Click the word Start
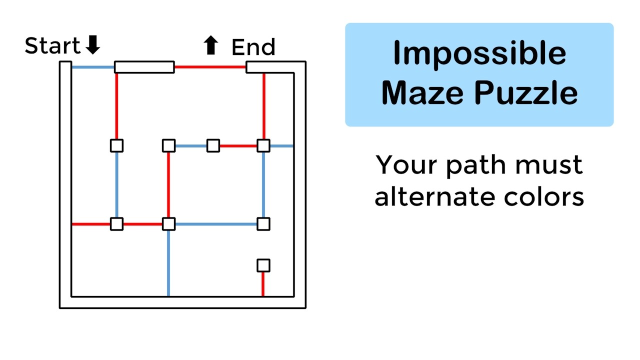click(52, 46)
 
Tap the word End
click(253, 47)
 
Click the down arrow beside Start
click(92, 45)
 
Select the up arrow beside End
click(210, 46)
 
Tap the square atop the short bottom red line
click(263, 265)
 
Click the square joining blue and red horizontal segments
click(213, 145)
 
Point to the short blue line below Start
click(93, 67)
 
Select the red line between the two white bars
click(210, 66)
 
